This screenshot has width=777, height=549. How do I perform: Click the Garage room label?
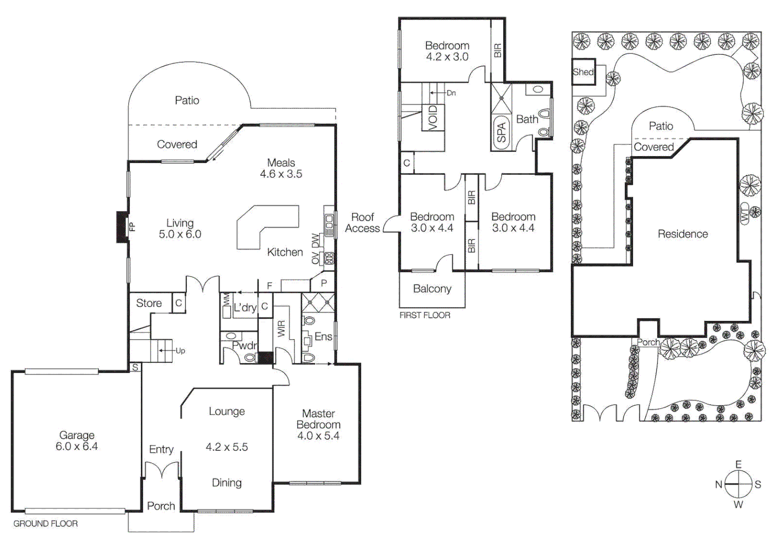coord(77,436)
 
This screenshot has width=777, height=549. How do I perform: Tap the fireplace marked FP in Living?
coord(122,227)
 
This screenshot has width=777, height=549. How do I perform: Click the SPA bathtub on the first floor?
coord(501,132)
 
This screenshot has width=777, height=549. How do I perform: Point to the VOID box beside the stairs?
coord(433,117)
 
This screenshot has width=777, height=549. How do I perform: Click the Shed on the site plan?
coord(583,72)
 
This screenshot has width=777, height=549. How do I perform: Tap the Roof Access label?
coord(362,223)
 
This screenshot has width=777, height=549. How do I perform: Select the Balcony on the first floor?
coord(432,289)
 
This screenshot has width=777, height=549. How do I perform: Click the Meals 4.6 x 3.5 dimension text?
coord(281,174)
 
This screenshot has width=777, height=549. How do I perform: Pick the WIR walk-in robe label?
coord(282,328)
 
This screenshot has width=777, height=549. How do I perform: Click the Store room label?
coord(149,303)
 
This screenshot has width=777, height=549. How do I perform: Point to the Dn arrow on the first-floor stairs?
coord(442,93)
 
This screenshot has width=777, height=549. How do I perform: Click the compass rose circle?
coord(738,484)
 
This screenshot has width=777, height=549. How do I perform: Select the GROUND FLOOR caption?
coord(46,524)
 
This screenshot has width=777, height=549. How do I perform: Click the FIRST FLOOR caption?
coord(425,315)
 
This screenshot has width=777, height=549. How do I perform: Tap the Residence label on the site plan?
coord(682,234)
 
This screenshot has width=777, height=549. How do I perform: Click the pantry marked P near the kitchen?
coord(324,283)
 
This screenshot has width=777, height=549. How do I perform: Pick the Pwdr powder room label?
coord(244,346)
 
